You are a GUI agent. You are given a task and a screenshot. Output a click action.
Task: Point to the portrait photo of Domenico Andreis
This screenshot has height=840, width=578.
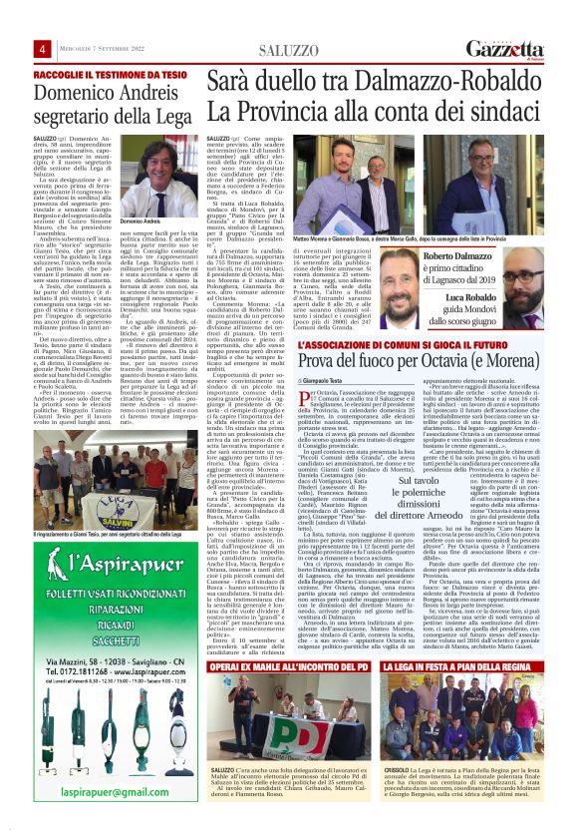click(154, 176)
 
